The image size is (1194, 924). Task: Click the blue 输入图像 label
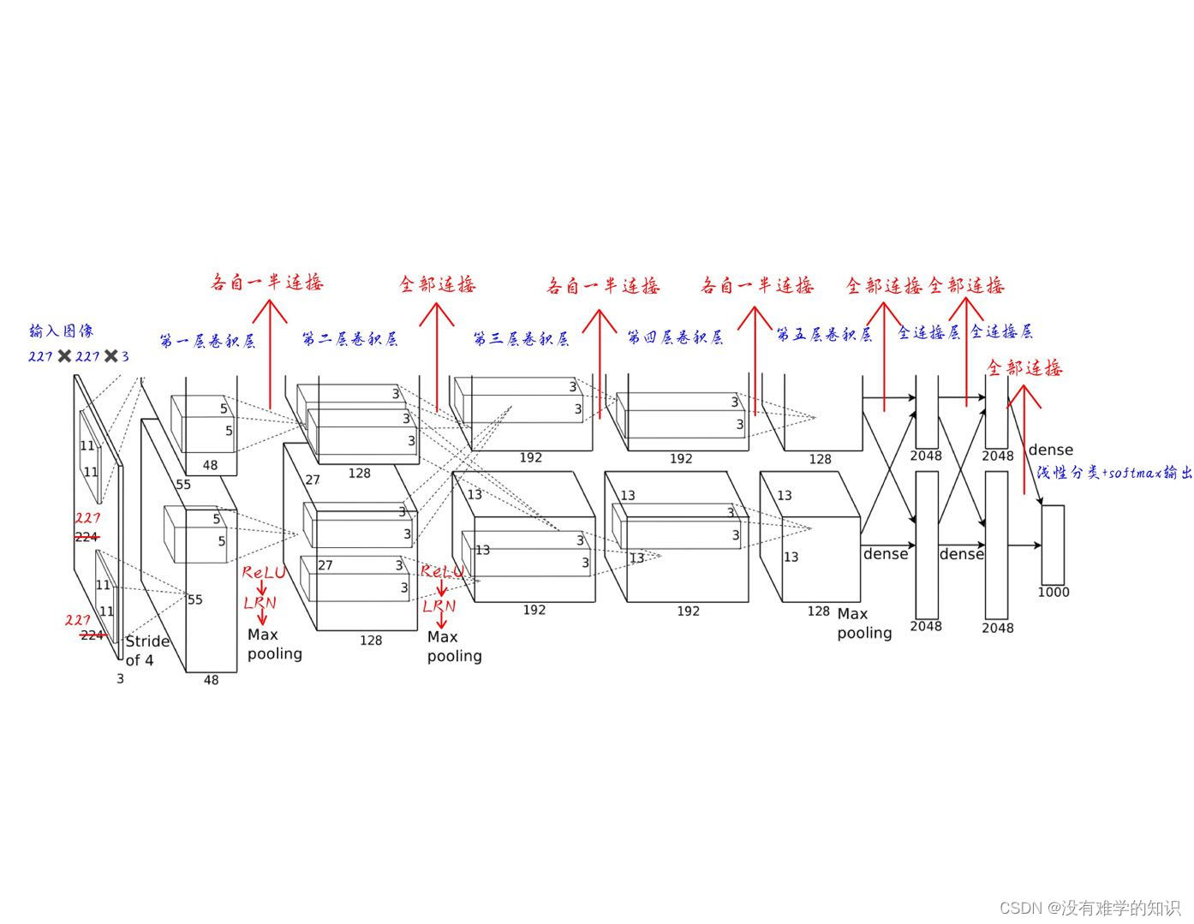tap(61, 331)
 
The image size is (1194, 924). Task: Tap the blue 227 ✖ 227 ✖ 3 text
tap(78, 355)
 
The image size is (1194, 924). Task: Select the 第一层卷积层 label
tap(207, 341)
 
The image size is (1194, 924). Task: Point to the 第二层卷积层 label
tap(349, 339)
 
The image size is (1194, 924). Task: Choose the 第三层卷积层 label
tap(521, 339)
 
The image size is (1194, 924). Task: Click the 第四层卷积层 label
tap(675, 337)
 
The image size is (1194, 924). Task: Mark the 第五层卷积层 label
tap(824, 335)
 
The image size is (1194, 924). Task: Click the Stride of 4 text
tap(146, 651)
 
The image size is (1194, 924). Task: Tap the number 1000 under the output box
tap(1053, 592)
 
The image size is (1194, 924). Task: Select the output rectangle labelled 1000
tap(1053, 544)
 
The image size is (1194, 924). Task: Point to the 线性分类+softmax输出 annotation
tap(1113, 473)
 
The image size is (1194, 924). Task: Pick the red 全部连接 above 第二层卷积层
tap(437, 284)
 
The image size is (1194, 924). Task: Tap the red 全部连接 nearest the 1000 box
tap(1024, 368)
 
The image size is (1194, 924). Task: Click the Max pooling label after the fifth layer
tap(863, 623)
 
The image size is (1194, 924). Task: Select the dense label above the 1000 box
tap(1050, 450)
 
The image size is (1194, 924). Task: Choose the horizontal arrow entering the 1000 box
tap(1024, 545)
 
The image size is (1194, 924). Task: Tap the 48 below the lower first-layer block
tap(211, 680)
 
